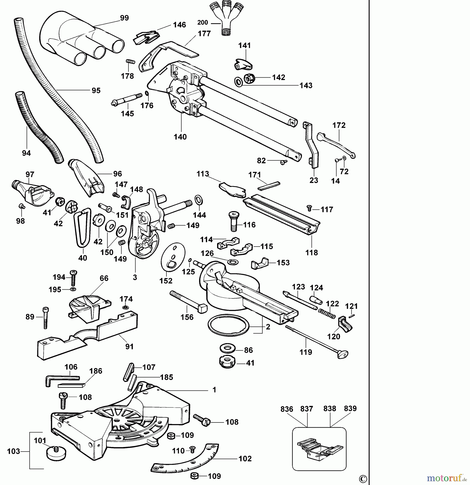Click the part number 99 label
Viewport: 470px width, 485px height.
click(124, 18)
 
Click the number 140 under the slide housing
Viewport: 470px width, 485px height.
click(180, 137)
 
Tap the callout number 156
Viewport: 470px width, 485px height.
click(187, 317)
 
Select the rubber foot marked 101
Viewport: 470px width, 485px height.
click(56, 453)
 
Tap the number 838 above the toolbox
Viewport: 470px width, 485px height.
click(330, 409)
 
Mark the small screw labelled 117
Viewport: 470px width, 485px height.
click(309, 208)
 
